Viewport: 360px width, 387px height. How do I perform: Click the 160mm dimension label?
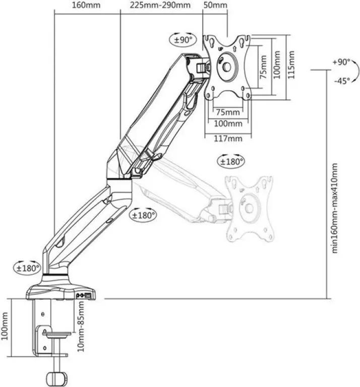[86, 5]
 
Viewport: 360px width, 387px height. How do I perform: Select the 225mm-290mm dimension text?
[160, 5]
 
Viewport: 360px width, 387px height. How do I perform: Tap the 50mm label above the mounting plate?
[215, 5]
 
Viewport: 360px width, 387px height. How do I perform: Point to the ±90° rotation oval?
[183, 39]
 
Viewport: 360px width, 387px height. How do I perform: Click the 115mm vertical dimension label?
[291, 64]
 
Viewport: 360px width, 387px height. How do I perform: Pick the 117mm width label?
[228, 138]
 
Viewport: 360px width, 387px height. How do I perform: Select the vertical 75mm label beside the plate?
[264, 67]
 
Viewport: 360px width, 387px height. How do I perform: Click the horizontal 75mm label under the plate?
[228, 112]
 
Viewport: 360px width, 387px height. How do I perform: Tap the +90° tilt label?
[341, 62]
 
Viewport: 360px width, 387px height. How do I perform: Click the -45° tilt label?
[342, 81]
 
